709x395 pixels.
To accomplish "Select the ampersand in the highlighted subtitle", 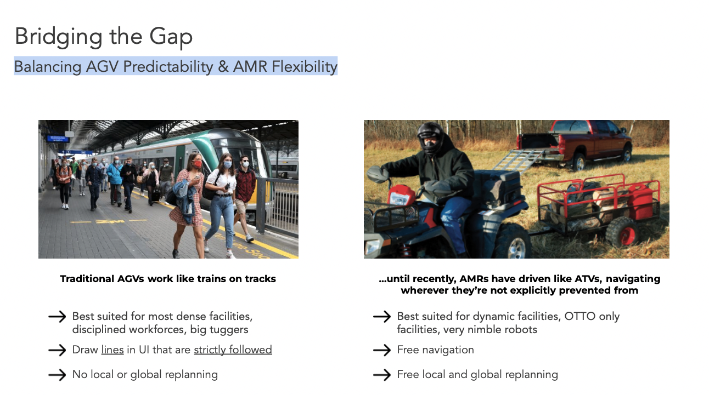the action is (223, 67).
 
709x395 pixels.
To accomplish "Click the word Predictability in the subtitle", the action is (168, 67).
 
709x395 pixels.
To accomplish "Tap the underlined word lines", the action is (112, 350).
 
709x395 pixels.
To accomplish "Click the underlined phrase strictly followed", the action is (233, 350).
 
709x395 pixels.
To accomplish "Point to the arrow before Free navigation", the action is (382, 350).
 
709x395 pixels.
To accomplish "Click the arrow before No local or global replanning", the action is (57, 375).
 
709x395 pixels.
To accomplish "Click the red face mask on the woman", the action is (197, 164).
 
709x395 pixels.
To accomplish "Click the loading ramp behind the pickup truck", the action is (519, 161).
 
